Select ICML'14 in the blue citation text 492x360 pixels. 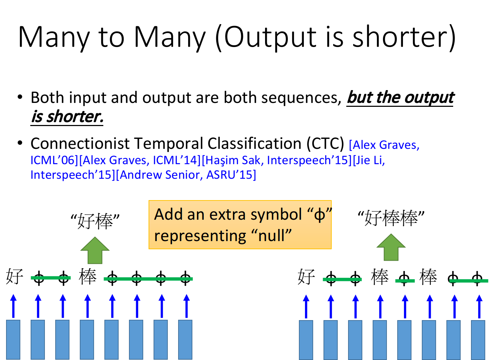coord(175,161)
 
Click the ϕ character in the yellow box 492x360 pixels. coord(320,215)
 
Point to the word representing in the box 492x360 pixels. coord(200,236)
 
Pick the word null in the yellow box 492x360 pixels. coord(271,236)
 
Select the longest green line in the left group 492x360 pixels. coord(148,279)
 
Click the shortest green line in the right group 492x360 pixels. coord(405,281)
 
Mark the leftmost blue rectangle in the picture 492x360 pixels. coord(13,339)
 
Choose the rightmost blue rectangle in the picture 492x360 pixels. coord(478,340)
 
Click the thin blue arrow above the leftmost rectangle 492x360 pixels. coord(13,306)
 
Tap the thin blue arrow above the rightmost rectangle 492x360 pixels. coord(479,307)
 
